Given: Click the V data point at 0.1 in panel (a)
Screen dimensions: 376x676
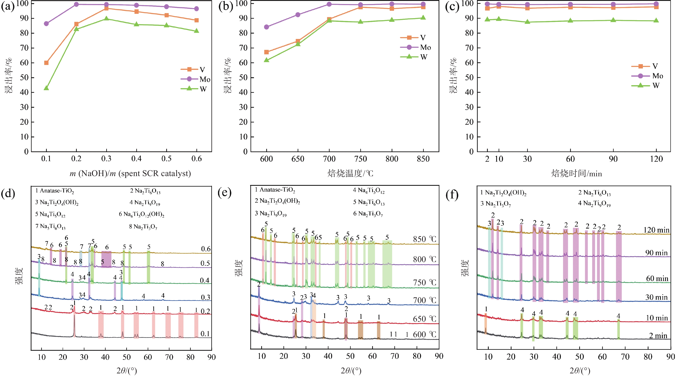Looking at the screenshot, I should pyautogui.click(x=46, y=63).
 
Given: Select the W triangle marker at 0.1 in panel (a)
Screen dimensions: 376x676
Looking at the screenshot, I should pyautogui.click(x=46, y=88).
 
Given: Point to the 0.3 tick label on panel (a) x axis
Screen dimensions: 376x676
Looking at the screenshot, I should pyautogui.click(x=106, y=159).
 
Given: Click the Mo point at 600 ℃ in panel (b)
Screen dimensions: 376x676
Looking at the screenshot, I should pyautogui.click(x=267, y=27).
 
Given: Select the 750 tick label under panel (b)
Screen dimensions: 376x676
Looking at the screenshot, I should pyautogui.click(x=361, y=159).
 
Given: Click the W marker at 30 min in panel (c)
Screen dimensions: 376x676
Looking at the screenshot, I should pyautogui.click(x=528, y=22).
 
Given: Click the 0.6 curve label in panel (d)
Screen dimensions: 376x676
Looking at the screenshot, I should pyautogui.click(x=206, y=249).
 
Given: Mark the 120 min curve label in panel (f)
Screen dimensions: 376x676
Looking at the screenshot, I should pyautogui.click(x=656, y=230).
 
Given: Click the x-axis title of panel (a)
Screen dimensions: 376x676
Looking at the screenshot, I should pyautogui.click(x=130, y=173).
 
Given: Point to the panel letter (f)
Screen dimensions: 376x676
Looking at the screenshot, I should pyautogui.click(x=452, y=195).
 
